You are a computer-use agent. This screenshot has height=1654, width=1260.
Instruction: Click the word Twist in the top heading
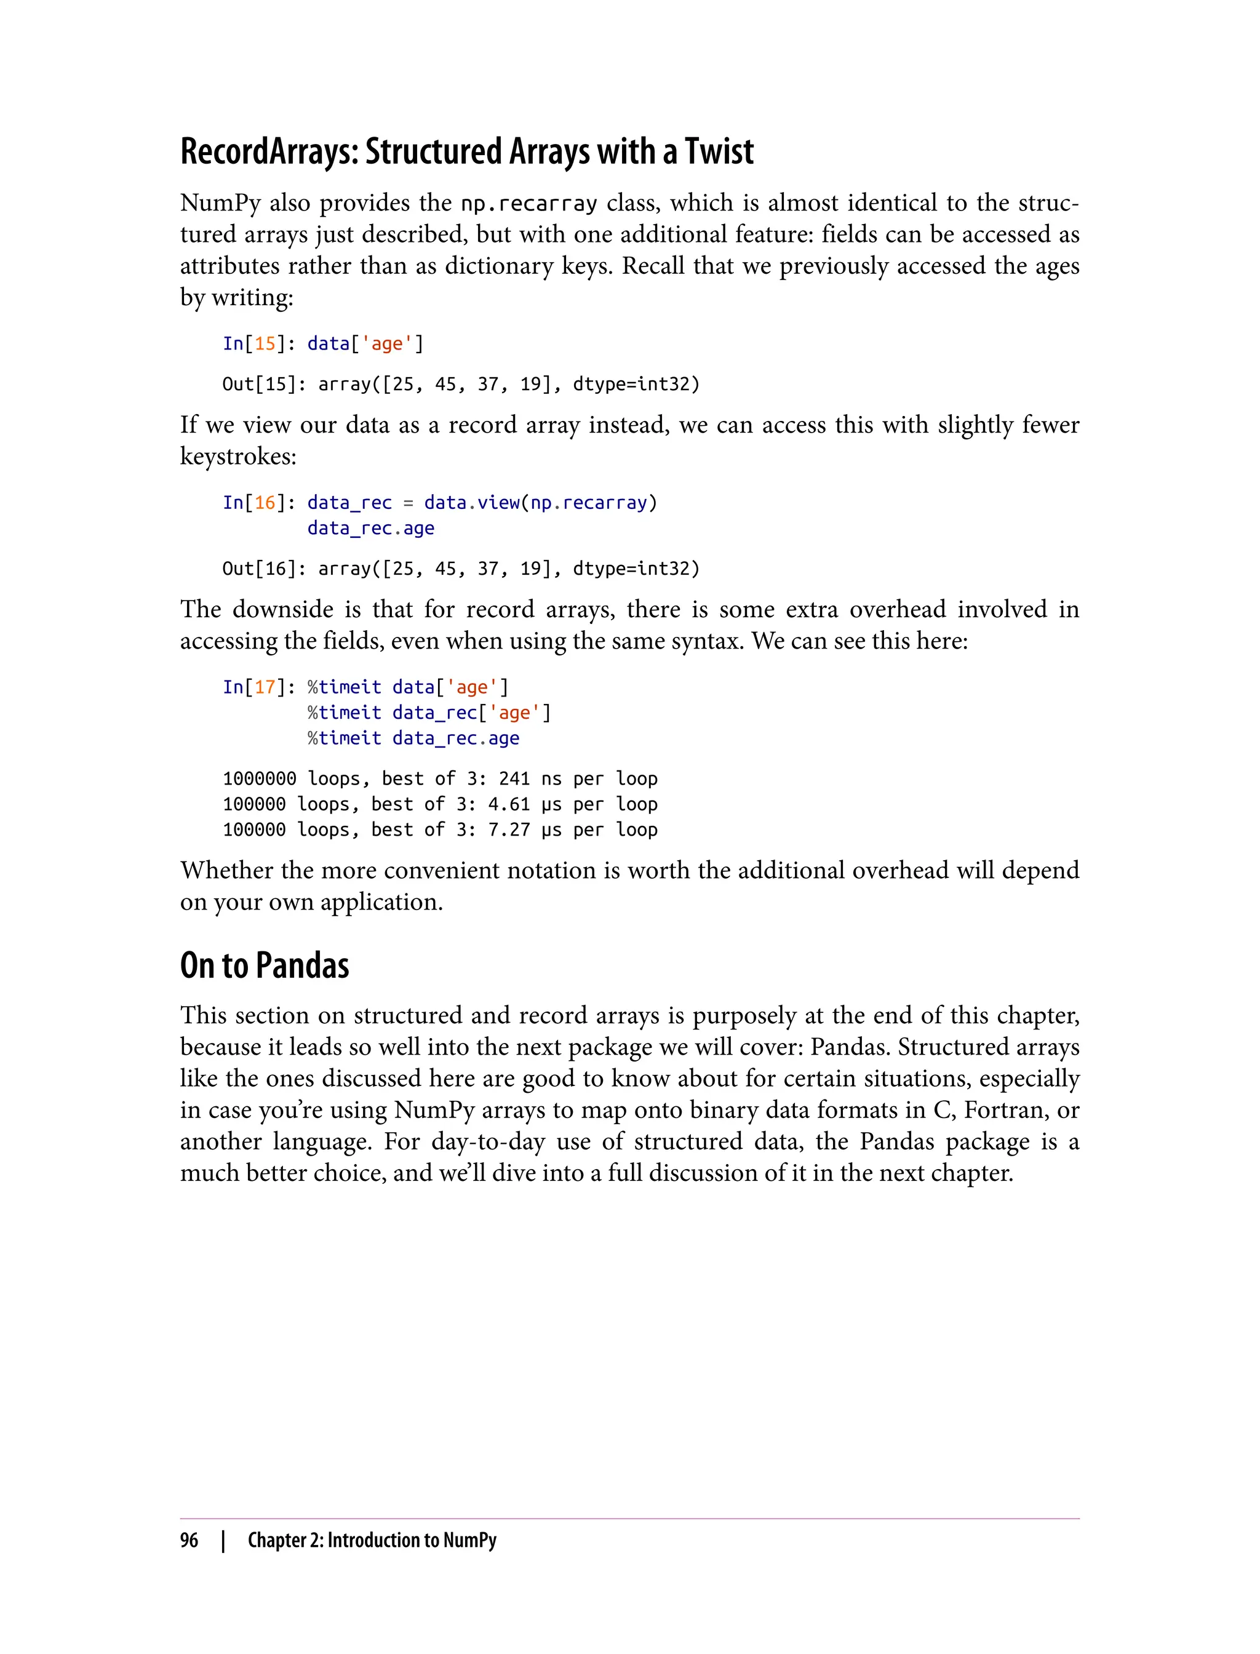(719, 151)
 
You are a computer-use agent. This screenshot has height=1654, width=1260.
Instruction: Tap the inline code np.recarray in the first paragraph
(528, 203)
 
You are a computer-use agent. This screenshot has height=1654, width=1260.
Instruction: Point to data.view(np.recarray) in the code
(540, 503)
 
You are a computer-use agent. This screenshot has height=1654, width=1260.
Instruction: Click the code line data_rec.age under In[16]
(370, 528)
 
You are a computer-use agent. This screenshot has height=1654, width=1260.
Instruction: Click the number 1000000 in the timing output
(260, 778)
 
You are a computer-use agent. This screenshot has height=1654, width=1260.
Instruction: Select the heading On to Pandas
(265, 966)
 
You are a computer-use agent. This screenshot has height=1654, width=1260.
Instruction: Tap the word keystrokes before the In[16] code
(237, 456)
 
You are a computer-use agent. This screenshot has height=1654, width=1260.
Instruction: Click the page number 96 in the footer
(189, 1541)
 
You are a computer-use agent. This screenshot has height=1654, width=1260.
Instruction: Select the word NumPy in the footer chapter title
(469, 1541)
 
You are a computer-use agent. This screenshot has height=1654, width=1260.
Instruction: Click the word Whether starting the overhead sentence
(226, 870)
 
